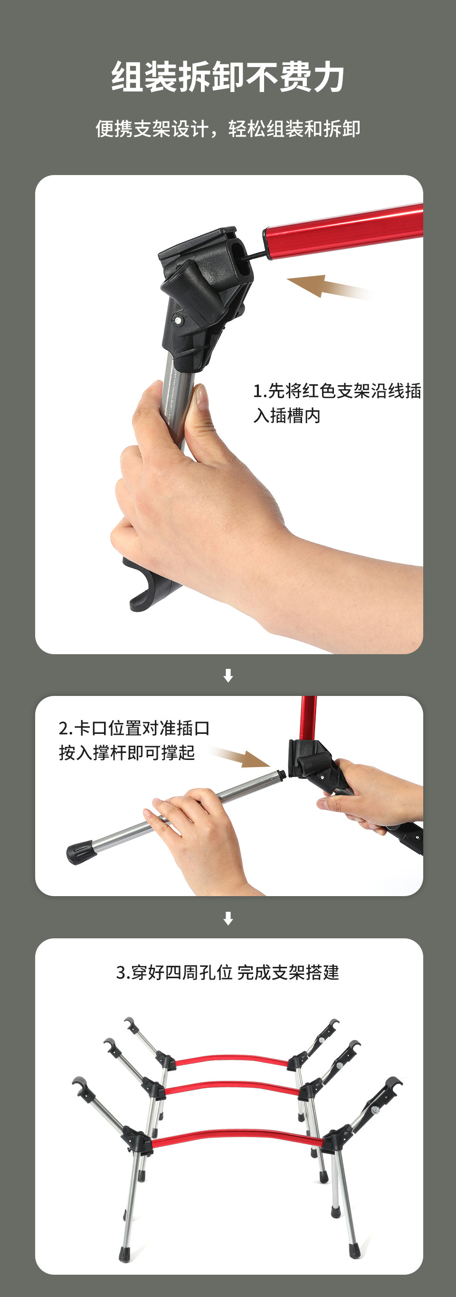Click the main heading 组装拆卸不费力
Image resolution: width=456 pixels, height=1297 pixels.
228,77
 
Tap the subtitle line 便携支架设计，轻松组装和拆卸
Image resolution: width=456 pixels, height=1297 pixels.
228,129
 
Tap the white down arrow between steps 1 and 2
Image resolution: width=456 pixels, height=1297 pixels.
228,675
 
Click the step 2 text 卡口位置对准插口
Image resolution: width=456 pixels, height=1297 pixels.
133,728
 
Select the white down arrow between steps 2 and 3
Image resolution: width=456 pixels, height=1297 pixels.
228,918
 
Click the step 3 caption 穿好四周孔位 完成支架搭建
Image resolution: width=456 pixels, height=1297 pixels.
228,972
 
